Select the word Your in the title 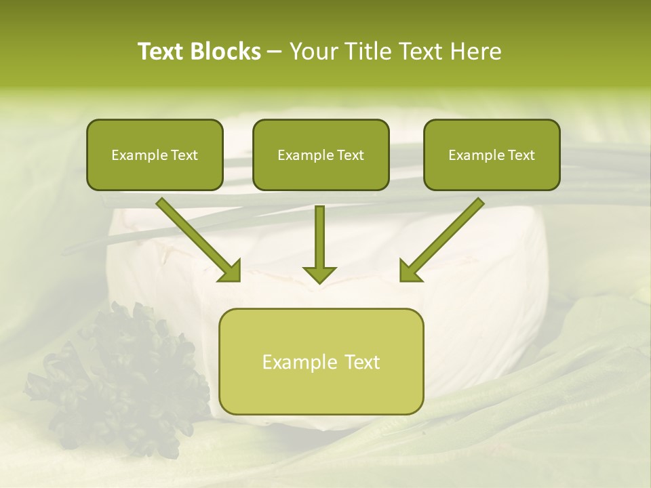click(311, 52)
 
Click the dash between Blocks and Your click(275, 52)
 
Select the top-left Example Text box click(155, 155)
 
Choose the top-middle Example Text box click(321, 155)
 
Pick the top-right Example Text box click(492, 155)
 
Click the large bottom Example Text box click(321, 361)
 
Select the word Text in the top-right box click(521, 155)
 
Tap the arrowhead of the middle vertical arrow click(319, 274)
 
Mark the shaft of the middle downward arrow click(319, 234)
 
